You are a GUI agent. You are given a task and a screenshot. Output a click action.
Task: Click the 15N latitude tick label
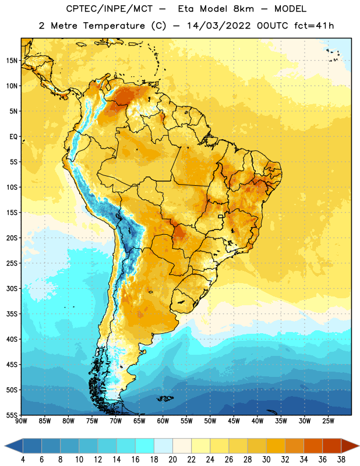12,61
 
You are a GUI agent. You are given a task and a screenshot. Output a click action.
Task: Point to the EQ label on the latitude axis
13,137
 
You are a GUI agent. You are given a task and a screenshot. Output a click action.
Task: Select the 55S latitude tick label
12,415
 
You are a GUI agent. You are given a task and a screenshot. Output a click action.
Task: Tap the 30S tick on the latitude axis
12,288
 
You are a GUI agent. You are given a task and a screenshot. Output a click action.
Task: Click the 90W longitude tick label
22,421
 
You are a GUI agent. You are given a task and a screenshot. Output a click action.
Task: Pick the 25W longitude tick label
328,421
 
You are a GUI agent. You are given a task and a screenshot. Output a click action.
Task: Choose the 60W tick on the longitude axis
163,421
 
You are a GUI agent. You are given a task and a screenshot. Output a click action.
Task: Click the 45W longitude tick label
234,421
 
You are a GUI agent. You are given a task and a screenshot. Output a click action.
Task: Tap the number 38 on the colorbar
341,460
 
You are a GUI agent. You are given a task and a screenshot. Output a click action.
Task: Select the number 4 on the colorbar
23,460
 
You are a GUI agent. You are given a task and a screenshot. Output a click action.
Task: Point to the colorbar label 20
172,460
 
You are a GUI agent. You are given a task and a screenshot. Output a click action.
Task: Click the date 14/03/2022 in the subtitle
219,26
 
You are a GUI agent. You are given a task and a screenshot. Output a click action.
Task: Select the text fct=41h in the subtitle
314,26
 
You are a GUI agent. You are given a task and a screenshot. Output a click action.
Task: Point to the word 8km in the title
243,9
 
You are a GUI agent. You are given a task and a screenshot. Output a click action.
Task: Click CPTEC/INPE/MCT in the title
110,9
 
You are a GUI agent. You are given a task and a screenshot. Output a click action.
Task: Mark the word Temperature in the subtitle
114,26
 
